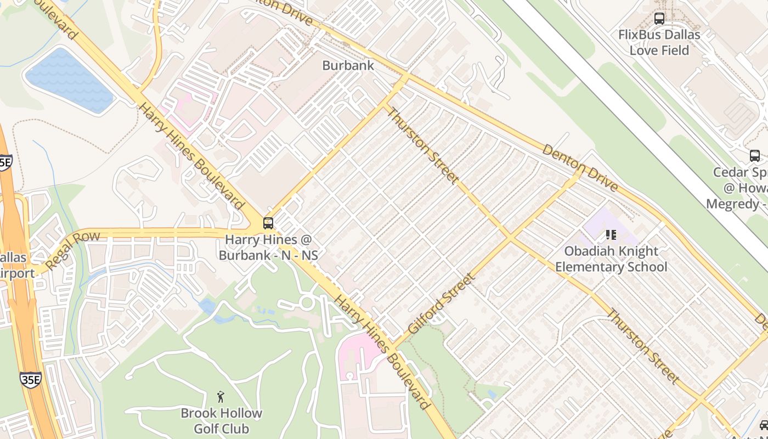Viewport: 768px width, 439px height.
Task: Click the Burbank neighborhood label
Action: tap(348, 65)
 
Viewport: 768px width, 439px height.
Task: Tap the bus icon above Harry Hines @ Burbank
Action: tap(268, 223)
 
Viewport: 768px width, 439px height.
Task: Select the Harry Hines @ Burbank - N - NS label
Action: tap(268, 247)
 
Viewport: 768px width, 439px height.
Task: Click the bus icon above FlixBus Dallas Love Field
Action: tap(659, 19)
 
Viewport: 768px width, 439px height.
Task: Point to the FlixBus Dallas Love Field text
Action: tap(659, 42)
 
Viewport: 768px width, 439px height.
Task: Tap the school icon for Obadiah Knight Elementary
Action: tap(611, 235)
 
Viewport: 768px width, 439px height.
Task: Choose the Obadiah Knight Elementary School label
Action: tap(611, 259)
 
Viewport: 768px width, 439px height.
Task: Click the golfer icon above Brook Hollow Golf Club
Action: tap(221, 397)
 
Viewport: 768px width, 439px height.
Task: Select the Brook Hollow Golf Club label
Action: tap(222, 421)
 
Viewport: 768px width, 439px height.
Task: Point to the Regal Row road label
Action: tap(73, 251)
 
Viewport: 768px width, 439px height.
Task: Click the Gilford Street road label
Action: tap(442, 304)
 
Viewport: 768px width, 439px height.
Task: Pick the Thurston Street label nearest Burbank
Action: tap(422, 145)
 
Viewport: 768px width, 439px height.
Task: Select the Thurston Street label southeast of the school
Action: tap(643, 347)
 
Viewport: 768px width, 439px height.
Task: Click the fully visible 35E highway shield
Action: tap(30, 379)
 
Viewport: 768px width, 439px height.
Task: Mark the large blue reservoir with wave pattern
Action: tap(69, 81)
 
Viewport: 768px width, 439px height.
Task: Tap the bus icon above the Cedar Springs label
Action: tap(755, 155)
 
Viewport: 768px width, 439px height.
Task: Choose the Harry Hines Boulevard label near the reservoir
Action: tap(191, 156)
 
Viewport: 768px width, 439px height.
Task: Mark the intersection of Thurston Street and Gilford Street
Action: tap(510, 238)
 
